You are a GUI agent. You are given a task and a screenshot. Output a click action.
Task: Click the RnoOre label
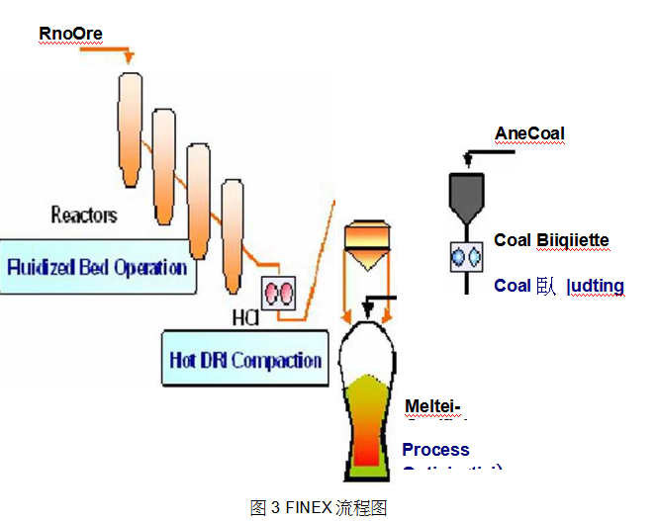click(x=70, y=34)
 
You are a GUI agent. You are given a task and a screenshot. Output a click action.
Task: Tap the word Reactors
click(x=84, y=215)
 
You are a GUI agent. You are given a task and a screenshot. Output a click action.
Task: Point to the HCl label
click(x=244, y=318)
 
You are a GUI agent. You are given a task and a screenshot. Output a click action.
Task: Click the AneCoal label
click(x=529, y=133)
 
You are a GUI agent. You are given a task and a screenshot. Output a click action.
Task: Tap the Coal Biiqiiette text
click(x=551, y=240)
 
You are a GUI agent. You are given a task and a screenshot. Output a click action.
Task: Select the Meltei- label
click(x=433, y=408)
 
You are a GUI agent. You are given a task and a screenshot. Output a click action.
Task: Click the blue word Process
click(x=435, y=450)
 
